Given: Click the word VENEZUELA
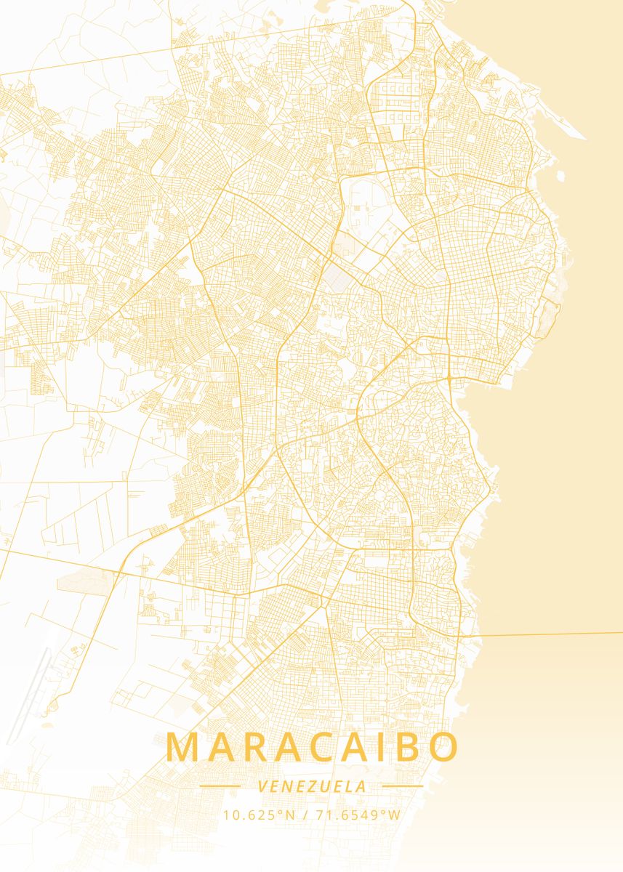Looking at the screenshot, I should pos(312,786).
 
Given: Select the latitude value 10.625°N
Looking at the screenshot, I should pos(260,815).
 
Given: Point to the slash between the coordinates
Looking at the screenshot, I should pos(306,815).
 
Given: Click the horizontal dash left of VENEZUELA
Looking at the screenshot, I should pos(220,786).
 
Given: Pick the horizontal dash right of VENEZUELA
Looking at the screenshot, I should pos(402,786).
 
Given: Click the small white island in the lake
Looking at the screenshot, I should pos(560,175).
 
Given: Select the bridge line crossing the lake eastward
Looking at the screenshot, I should pos(552,634).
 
